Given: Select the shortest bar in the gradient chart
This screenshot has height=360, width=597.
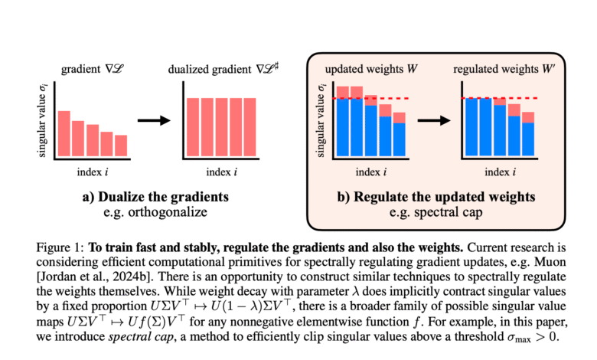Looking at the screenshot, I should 120,145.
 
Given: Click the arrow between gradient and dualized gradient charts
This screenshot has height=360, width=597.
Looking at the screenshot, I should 154,119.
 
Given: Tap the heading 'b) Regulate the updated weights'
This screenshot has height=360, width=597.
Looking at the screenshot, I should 437,198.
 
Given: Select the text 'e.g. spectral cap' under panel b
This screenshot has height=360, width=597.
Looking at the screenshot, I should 437,212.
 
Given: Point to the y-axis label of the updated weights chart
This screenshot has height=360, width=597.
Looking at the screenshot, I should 321,122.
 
